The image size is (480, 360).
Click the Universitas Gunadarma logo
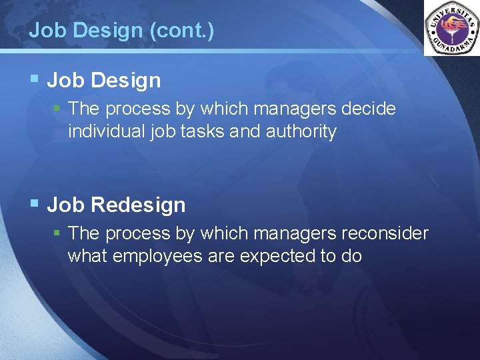point(451,29)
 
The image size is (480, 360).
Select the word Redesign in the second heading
point(139,205)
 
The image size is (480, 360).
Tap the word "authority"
point(301,132)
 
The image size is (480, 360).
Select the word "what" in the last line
point(88,256)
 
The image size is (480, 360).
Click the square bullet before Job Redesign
point(35,204)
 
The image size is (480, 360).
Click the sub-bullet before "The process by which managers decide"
point(58,108)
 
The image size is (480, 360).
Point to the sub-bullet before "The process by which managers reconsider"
point(58,233)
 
